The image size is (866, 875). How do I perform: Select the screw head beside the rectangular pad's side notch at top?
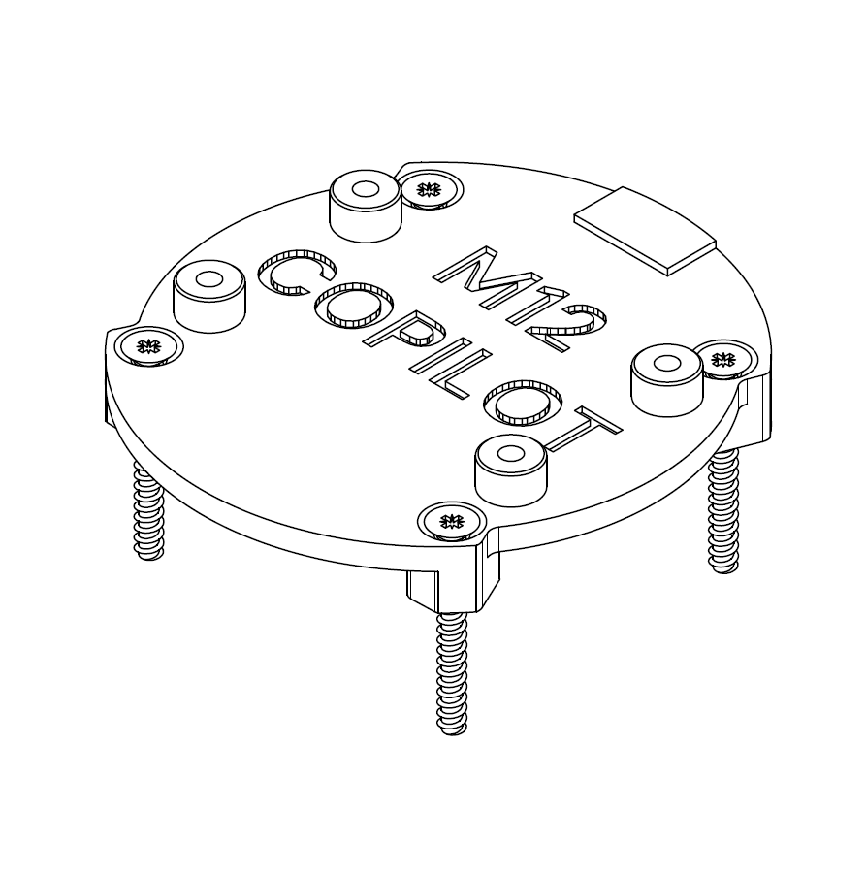[430, 189]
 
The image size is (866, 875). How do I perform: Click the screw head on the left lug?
[147, 345]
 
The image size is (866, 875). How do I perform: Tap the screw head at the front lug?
[450, 522]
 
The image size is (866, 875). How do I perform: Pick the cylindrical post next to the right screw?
[667, 379]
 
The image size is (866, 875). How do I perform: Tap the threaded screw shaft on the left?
[148, 514]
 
